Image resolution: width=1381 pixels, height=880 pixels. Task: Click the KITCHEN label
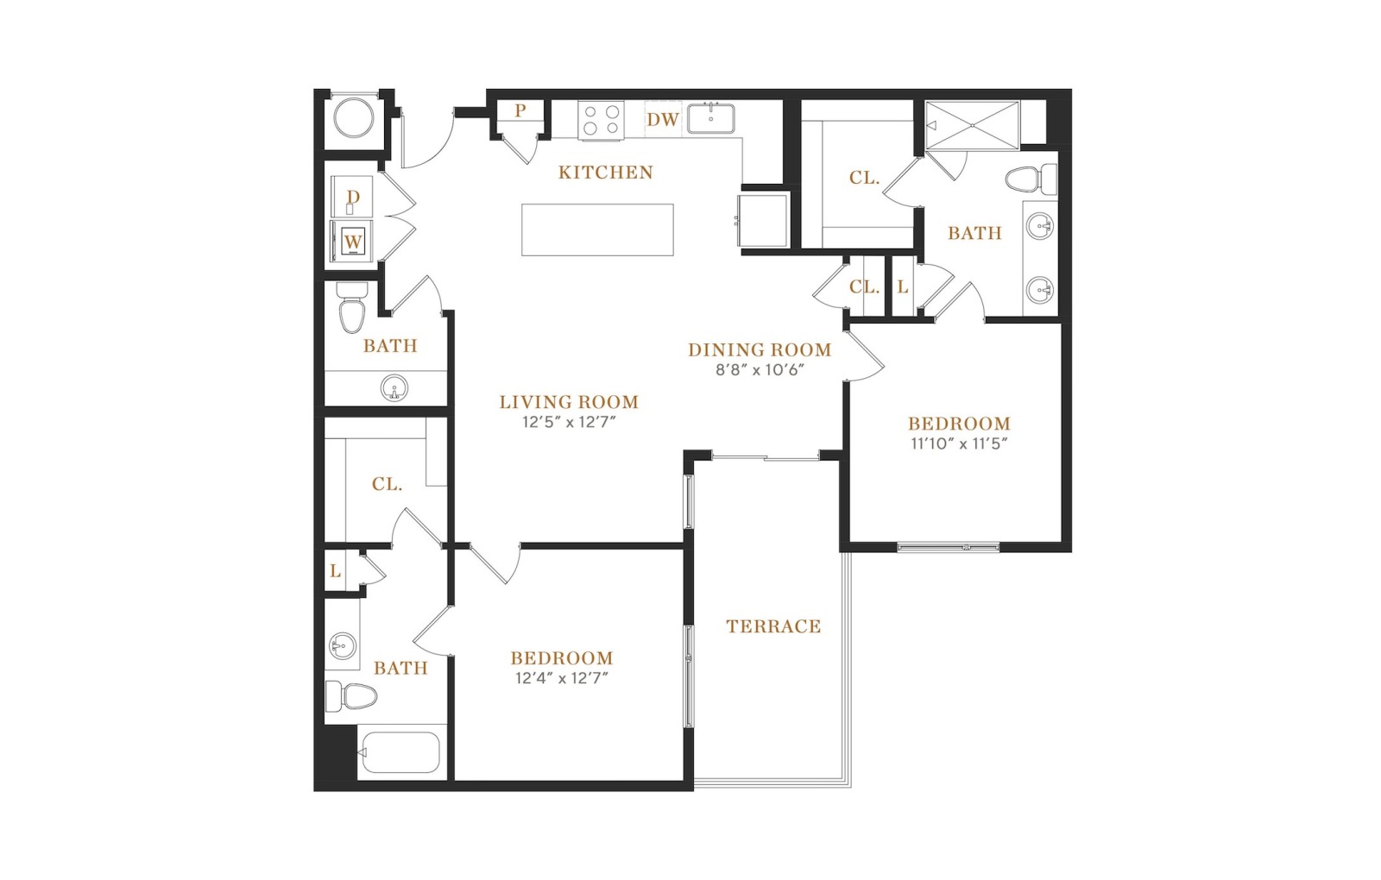coord(605,173)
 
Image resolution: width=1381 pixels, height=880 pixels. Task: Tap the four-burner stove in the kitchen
coord(601,120)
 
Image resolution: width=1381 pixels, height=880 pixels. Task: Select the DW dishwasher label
coord(663,120)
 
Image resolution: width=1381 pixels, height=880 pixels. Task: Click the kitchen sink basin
coord(711,118)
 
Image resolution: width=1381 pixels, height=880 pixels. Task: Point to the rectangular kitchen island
coord(597,229)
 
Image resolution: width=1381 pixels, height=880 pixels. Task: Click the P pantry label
coord(520,111)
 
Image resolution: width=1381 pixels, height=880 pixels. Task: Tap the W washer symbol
coord(353,242)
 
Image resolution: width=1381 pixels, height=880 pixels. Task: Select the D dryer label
coord(353,197)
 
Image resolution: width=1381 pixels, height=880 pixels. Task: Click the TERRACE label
coord(773,626)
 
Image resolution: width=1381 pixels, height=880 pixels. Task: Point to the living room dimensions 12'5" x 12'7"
coord(569,422)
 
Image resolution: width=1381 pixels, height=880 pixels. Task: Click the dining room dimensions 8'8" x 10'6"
coord(760,370)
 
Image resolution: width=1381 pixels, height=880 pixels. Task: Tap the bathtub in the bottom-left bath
coord(400,752)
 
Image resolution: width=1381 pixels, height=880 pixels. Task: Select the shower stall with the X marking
coord(972,126)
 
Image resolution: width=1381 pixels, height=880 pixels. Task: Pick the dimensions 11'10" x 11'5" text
coord(959,443)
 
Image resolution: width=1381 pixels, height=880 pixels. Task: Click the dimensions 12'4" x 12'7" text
coord(562,678)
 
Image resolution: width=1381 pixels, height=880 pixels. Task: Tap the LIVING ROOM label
coord(569,402)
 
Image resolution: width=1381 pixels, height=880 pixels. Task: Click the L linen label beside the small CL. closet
coord(903,287)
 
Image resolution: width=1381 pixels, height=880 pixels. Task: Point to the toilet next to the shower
coord(1031,179)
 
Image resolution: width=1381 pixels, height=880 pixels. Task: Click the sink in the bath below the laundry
coord(394,388)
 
